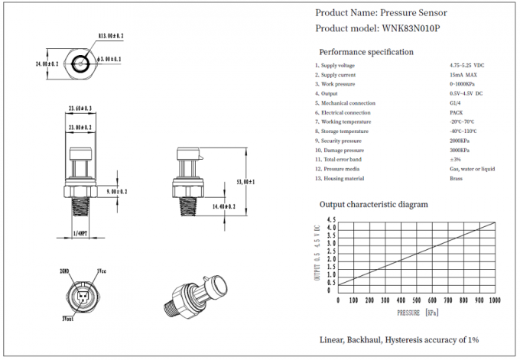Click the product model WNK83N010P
point(410,28)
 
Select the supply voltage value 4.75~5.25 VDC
point(467,65)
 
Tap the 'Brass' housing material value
point(457,178)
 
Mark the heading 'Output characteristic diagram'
point(373,204)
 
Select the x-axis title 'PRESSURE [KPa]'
point(417,313)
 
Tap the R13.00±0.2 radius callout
point(112,35)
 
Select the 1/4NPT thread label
point(80,232)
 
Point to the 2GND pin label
point(64,271)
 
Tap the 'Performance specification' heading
point(366,52)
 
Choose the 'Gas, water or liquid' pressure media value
point(472,168)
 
